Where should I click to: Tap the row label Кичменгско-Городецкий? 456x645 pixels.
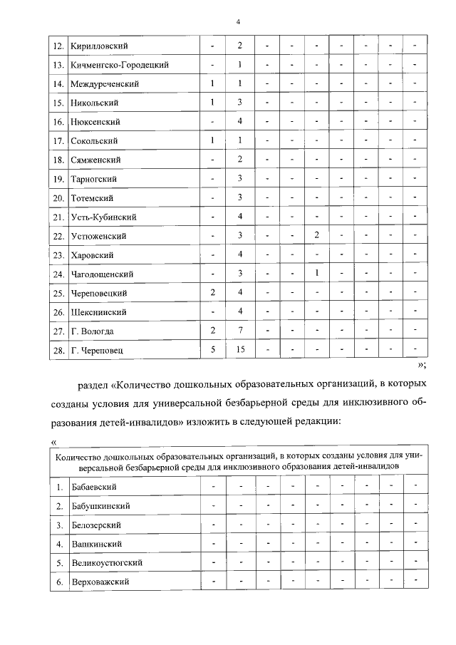click(119, 66)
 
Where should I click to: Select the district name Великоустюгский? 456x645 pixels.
click(107, 562)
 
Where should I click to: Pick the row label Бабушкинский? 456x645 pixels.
click(100, 505)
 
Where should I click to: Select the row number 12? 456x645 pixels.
click(59, 46)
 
